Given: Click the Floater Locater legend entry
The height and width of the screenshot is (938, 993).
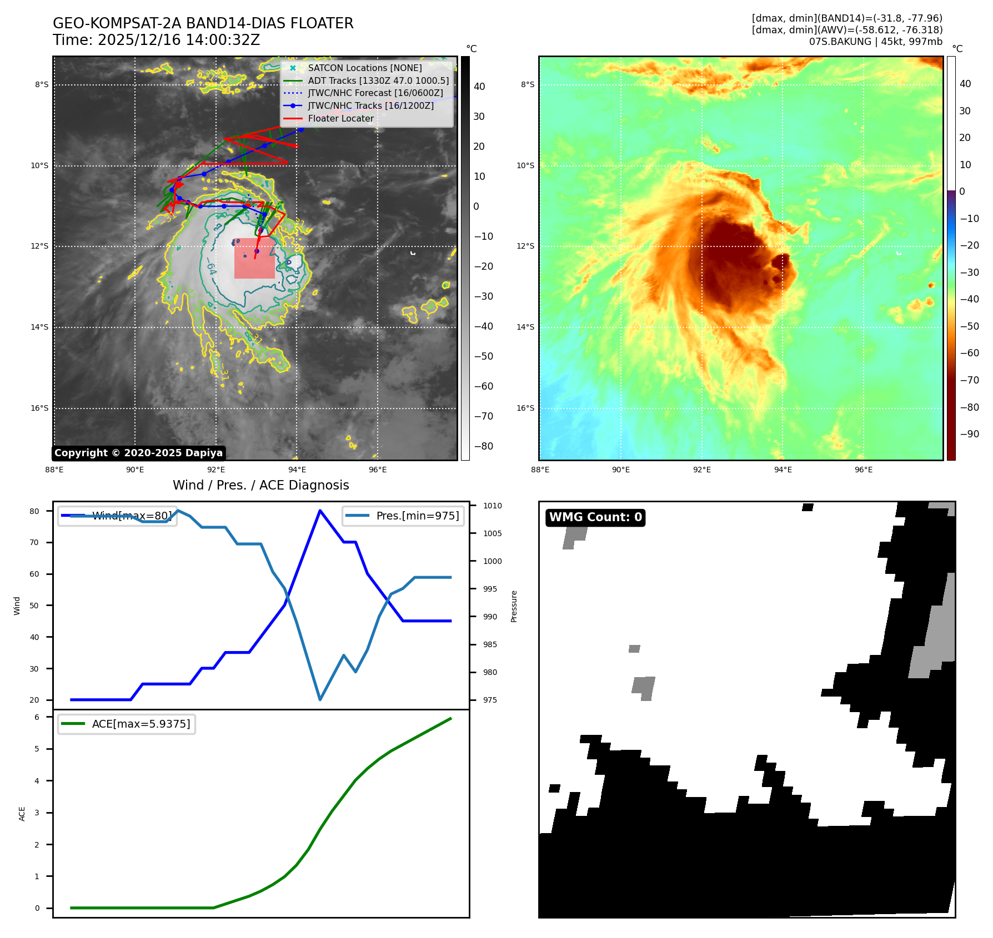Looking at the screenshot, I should [340, 118].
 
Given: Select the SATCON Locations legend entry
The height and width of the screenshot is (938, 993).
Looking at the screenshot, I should [364, 68].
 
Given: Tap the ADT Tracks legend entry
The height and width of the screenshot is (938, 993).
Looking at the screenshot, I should [378, 80].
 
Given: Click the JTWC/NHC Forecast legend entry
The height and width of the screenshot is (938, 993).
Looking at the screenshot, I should [375, 93].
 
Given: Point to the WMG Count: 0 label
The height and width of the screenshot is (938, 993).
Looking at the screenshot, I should [595, 517].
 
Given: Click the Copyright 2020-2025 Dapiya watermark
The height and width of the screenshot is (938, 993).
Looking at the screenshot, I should [138, 453].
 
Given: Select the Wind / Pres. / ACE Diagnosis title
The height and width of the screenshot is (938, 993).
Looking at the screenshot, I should [260, 485].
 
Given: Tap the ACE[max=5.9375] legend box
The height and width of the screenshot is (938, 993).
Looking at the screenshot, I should [127, 724].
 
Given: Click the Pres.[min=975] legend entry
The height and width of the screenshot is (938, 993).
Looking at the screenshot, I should [404, 516].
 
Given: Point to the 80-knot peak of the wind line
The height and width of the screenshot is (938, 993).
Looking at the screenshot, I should [320, 510].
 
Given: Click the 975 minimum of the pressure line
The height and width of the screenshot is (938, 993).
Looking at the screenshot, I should [320, 699].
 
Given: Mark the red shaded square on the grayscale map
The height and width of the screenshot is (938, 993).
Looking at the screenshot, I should [254, 259].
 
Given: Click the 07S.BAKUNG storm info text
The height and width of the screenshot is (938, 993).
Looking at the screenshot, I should [875, 42].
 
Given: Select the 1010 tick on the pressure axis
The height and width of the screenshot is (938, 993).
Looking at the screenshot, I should [492, 506].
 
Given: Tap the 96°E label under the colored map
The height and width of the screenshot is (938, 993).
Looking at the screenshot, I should [864, 470].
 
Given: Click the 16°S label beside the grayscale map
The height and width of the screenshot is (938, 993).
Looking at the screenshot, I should [39, 408].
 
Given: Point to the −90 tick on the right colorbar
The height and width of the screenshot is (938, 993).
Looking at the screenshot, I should [970, 434].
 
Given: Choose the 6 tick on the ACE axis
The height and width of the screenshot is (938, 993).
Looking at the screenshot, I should [37, 717].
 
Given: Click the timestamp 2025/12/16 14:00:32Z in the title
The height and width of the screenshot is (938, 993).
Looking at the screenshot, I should [178, 40].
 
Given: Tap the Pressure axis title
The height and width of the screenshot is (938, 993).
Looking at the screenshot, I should [514, 606].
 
